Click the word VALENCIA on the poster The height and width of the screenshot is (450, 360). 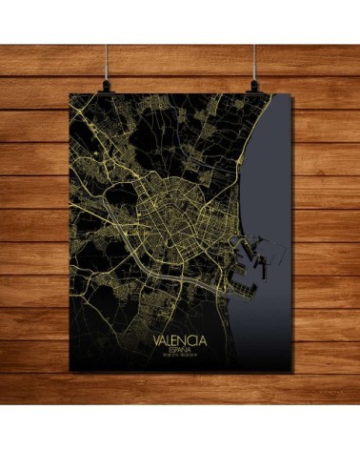(180, 337)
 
